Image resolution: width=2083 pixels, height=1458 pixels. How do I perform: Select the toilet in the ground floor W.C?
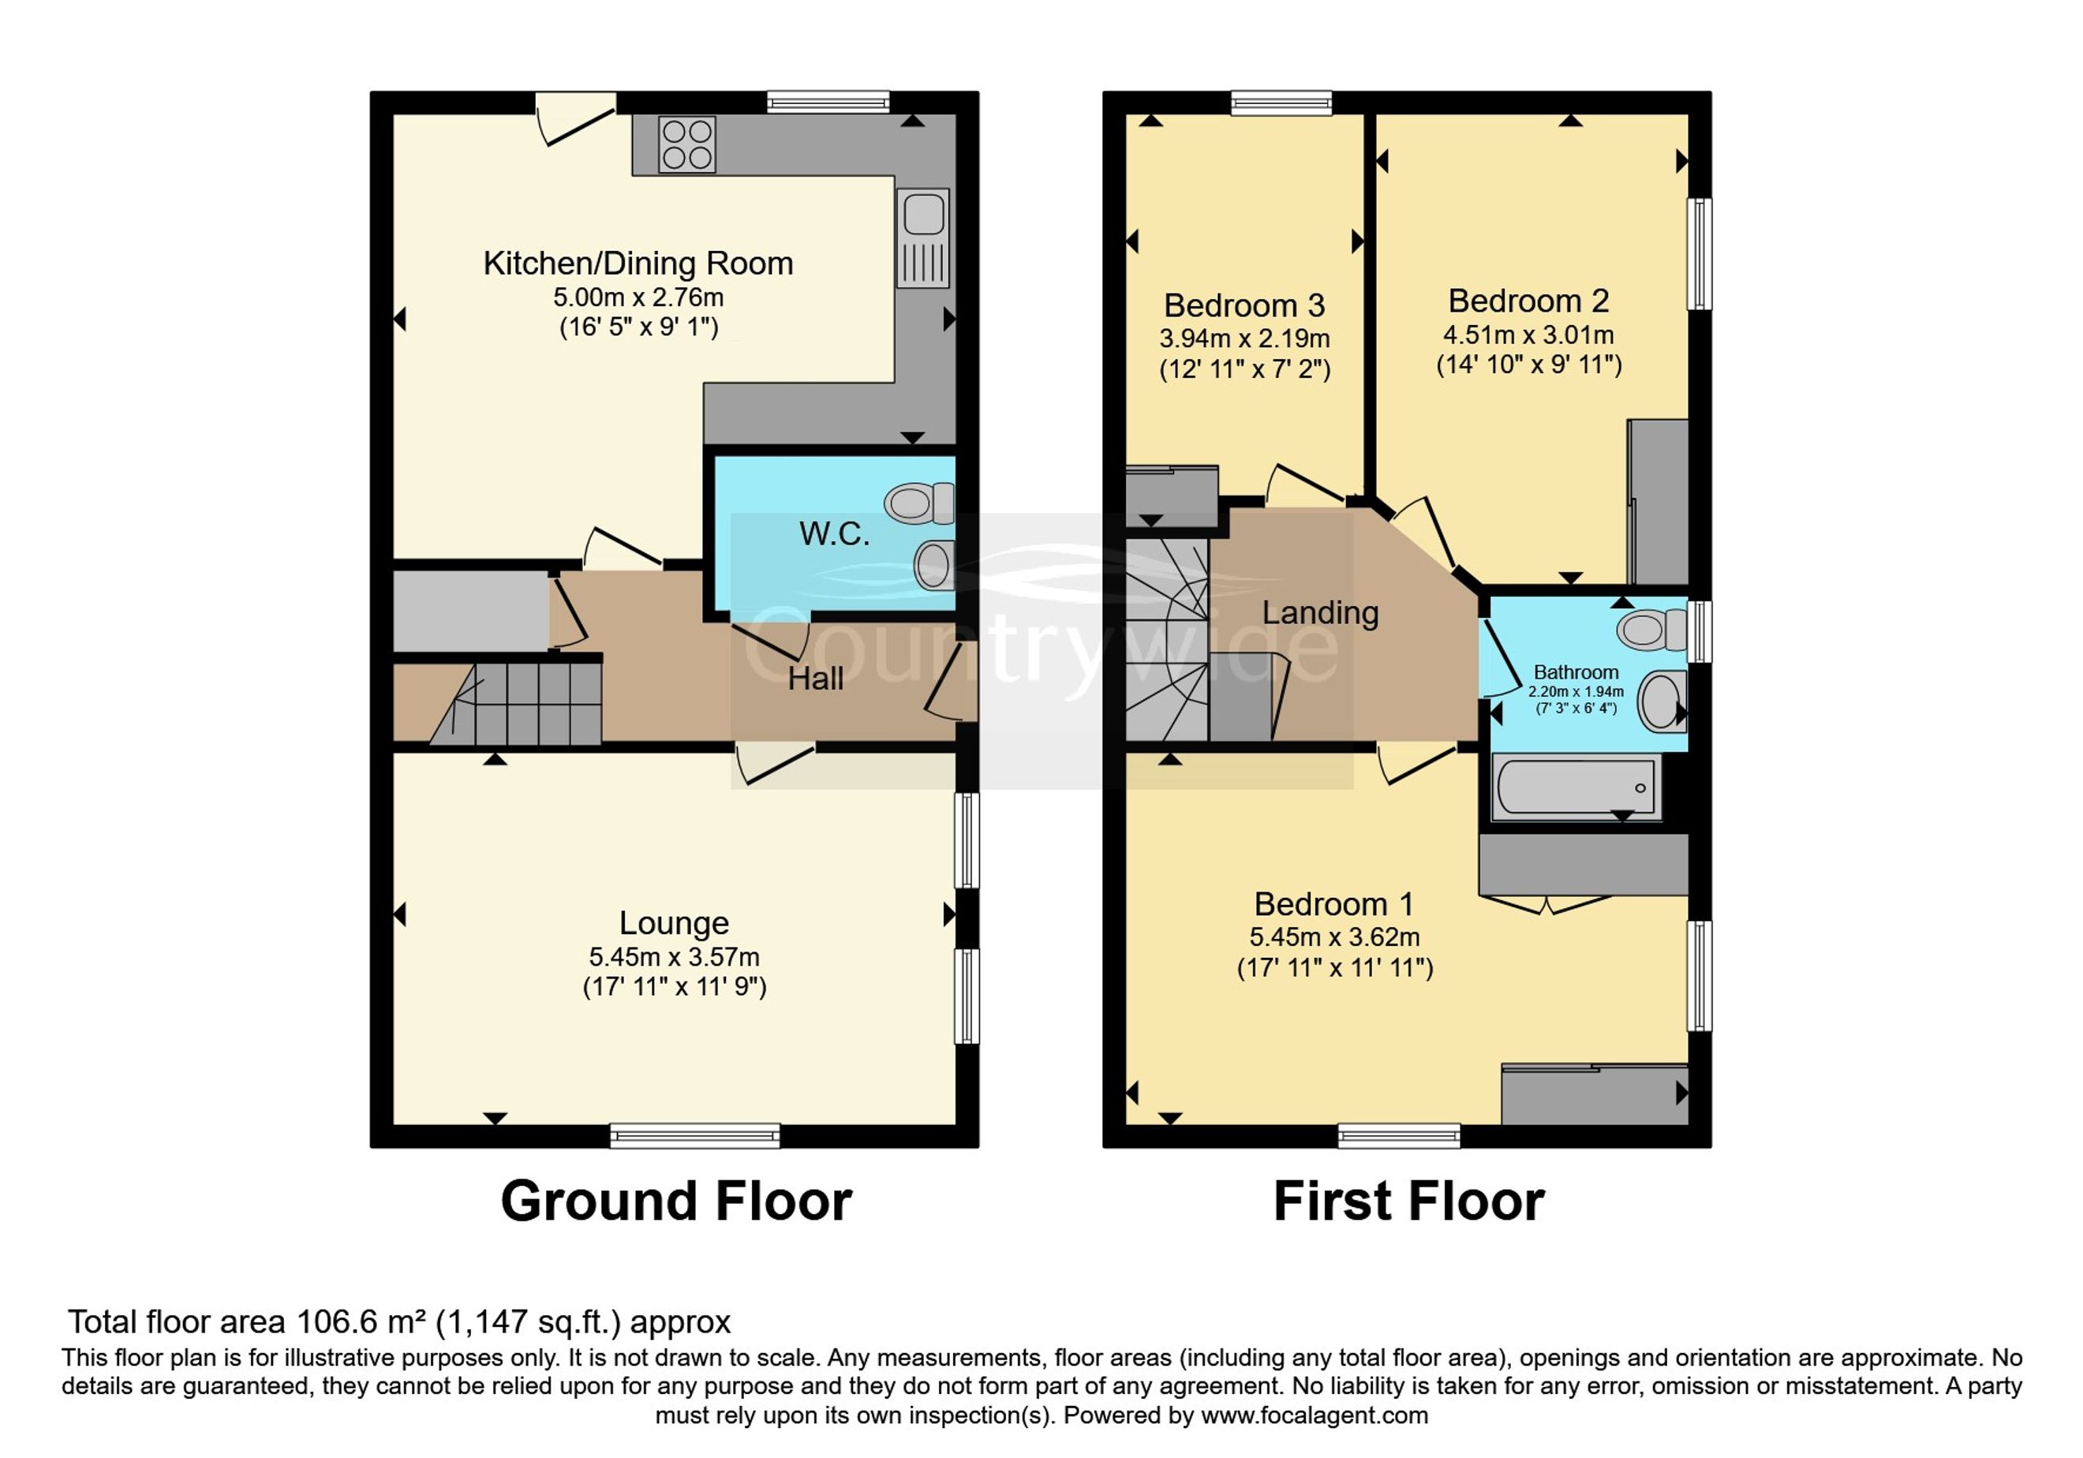(920, 503)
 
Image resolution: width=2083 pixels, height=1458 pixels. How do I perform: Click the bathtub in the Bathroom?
(1576, 787)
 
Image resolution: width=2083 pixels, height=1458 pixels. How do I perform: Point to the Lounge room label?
(674, 923)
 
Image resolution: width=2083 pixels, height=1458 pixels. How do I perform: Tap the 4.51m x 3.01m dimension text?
(1528, 335)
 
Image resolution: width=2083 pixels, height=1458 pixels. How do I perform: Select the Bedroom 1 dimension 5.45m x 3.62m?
(1334, 937)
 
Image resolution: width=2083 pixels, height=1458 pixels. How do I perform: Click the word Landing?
(1320, 613)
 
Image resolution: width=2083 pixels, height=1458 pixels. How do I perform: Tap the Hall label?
(815, 679)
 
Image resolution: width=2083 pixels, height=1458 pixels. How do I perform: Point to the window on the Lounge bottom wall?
(695, 1135)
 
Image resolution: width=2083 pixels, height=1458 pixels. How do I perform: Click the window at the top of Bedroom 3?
(1281, 103)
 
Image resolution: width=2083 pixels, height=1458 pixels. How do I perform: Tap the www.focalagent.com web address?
(1314, 1416)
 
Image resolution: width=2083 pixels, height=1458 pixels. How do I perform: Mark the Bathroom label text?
(1576, 672)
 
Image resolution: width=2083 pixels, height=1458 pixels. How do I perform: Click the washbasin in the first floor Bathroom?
(1662, 701)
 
